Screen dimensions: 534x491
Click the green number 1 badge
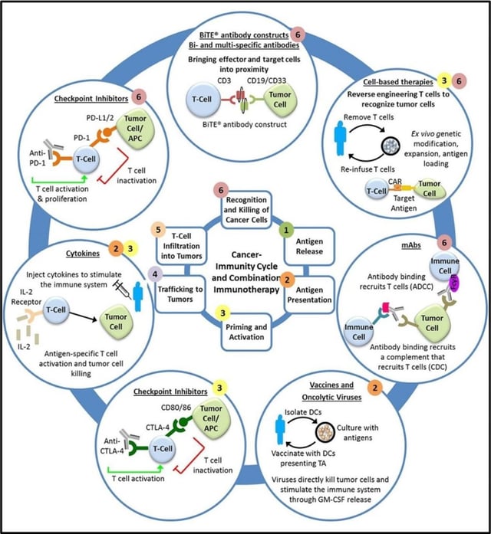(284, 228)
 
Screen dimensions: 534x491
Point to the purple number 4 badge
(157, 274)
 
